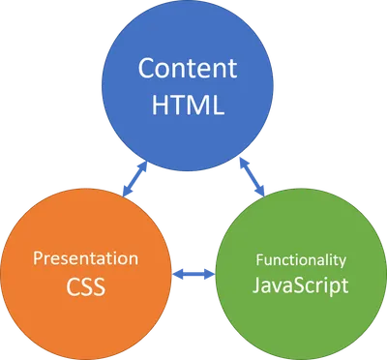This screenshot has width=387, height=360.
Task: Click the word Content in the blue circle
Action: tap(188, 70)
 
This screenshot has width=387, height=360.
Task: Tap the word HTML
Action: tap(188, 105)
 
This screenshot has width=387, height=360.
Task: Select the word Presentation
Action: tap(86, 259)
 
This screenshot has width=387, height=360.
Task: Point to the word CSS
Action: tap(85, 287)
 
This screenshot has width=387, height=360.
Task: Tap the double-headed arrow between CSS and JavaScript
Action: tap(193, 275)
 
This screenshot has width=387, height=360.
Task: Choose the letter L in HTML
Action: tap(218, 105)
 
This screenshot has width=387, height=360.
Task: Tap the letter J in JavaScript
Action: tap(254, 286)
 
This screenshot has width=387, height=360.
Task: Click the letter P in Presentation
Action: tap(38, 258)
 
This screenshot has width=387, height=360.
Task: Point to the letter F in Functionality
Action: tap(257, 259)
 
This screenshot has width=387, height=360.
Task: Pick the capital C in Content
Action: tap(145, 70)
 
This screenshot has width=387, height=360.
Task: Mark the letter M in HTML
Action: tap(199, 105)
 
